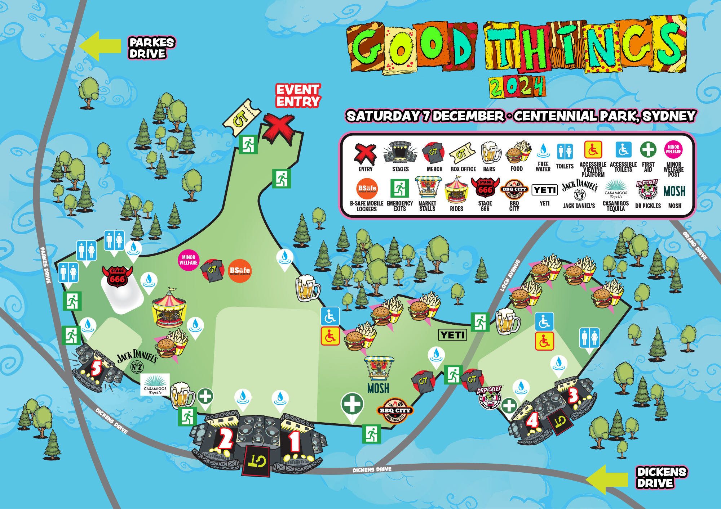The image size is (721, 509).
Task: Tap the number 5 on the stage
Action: tap(96, 368)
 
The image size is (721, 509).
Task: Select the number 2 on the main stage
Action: tap(226, 439)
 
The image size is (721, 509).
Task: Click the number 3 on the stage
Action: tap(573, 395)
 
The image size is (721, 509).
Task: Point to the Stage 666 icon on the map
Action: tap(118, 277)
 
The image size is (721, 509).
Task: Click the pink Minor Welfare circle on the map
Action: tap(189, 260)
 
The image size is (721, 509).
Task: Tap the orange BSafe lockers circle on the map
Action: tap(240, 271)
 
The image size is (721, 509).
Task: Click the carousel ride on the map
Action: tap(169, 308)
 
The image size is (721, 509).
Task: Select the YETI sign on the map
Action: tap(453, 335)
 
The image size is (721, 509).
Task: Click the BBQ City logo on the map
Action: tap(395, 411)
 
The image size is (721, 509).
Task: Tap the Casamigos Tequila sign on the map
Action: tap(155, 385)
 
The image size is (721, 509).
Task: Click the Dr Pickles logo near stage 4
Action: tap(489, 397)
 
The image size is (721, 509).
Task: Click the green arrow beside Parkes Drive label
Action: tap(100, 46)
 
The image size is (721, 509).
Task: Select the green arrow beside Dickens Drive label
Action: tap(607, 479)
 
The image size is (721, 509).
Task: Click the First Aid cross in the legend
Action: tap(648, 149)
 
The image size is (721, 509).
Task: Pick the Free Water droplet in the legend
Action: tap(543, 151)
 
